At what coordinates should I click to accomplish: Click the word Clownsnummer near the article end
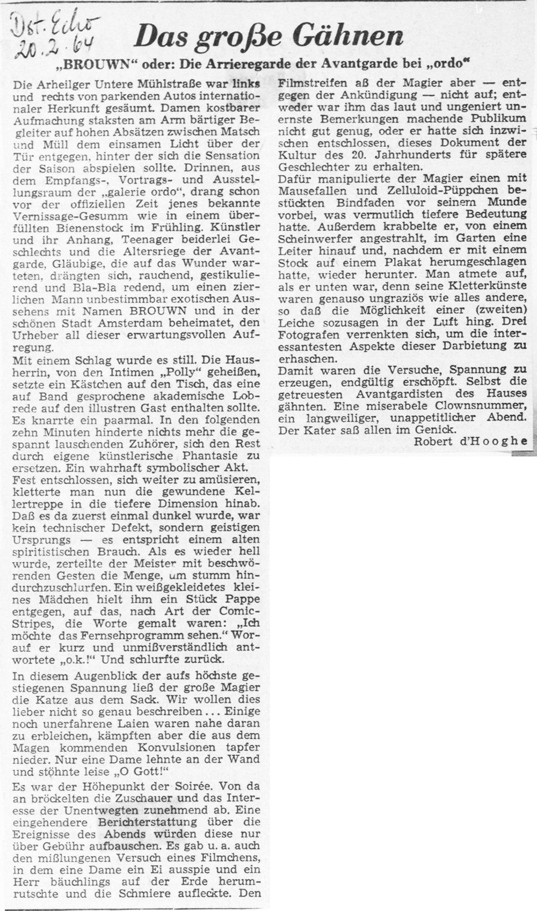[x=477, y=406]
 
